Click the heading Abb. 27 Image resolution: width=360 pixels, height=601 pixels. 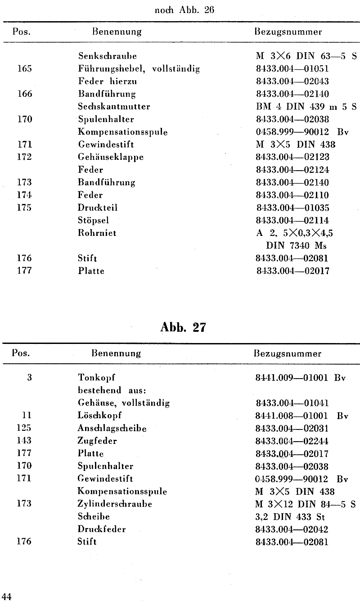(183, 327)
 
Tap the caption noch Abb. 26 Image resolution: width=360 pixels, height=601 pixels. (184, 11)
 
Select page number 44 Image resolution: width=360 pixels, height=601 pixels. (6, 596)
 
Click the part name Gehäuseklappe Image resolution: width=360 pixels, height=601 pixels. (105, 157)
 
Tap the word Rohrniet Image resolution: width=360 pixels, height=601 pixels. (97, 233)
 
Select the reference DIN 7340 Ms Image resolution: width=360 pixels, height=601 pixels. (297, 245)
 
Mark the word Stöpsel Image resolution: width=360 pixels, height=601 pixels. (93, 220)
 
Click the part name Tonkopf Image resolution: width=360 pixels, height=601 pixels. (93, 377)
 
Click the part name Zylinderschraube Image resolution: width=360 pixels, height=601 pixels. (115, 504)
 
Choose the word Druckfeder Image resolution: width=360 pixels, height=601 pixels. (101, 529)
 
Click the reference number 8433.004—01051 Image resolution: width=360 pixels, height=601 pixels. (292, 69)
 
